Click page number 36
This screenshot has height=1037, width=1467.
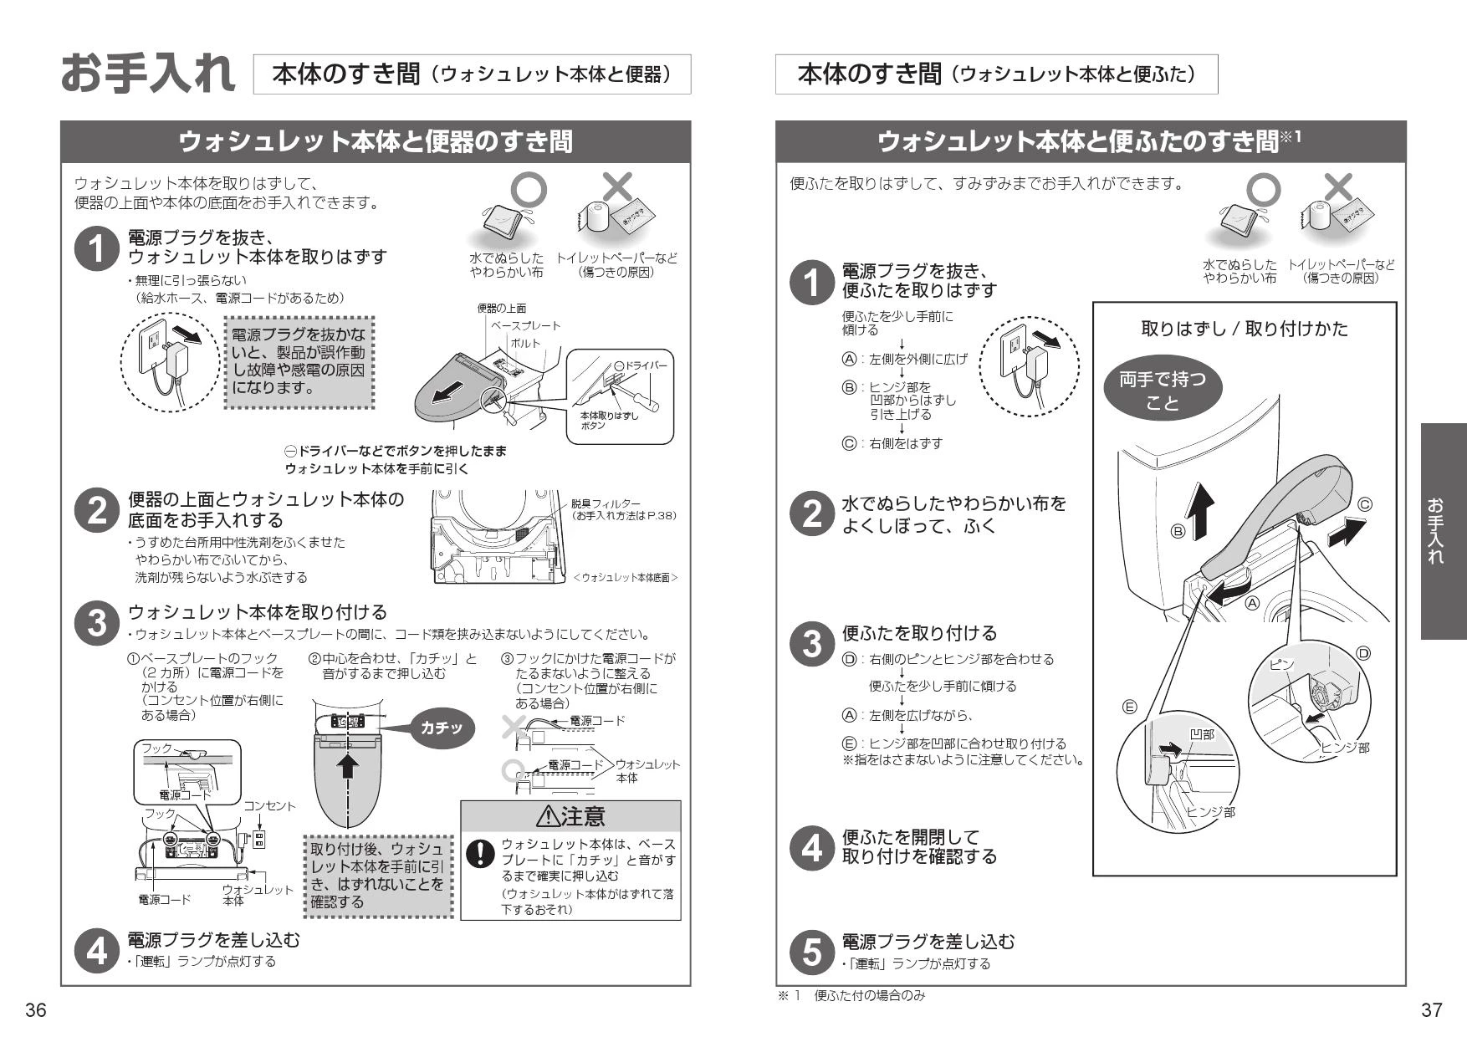click(35, 1010)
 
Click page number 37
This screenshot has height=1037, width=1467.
click(1432, 1010)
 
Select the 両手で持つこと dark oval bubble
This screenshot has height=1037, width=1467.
click(1162, 391)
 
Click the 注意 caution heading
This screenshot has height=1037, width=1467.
click(571, 815)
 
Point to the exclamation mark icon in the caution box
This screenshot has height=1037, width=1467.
click(480, 853)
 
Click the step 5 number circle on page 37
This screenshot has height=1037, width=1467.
click(811, 952)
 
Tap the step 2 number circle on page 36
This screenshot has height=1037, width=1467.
click(96, 511)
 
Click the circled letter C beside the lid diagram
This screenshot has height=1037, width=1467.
click(1364, 505)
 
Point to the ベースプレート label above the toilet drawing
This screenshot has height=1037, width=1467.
click(525, 325)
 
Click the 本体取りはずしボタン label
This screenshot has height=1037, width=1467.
click(608, 421)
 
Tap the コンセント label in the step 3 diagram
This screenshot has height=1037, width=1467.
click(269, 806)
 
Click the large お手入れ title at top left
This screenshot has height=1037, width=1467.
click(148, 74)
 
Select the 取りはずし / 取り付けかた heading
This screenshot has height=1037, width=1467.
click(1245, 329)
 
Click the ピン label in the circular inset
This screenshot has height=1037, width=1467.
click(1281, 665)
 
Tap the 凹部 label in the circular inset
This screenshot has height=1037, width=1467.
click(1201, 734)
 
